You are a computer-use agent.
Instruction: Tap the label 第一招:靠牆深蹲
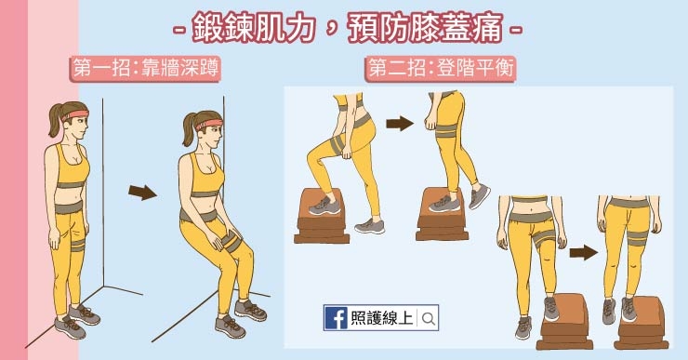[x=147, y=67]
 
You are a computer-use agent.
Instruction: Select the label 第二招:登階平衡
[x=442, y=67]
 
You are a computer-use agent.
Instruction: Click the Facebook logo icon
[x=335, y=317]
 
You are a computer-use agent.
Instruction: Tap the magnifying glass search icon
[x=428, y=318]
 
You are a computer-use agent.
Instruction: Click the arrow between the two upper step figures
[x=399, y=124]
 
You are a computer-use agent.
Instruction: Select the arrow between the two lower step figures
[x=583, y=251]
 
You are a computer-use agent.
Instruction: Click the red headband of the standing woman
[x=74, y=115]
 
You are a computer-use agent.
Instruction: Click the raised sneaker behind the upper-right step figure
[x=479, y=196]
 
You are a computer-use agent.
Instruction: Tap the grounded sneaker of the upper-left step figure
[x=369, y=225]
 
